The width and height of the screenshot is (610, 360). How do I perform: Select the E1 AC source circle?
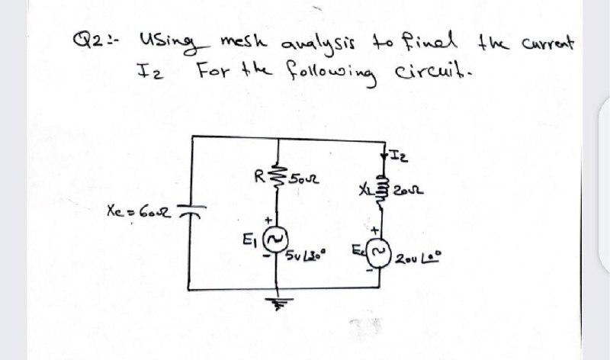[x=285, y=243]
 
